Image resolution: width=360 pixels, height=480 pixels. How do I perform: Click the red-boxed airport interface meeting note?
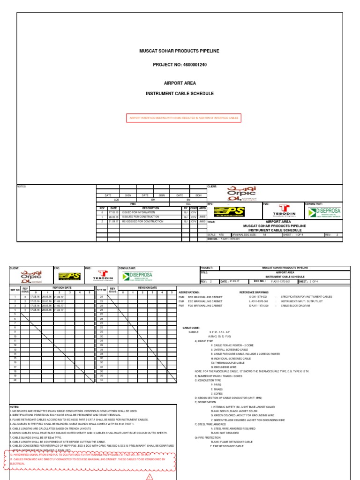(184, 118)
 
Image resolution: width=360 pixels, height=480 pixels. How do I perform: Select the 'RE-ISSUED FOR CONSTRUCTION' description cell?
(144, 221)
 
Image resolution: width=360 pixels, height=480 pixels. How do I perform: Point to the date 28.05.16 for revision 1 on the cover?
(113, 217)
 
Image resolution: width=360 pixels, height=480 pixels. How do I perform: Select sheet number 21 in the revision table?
(101, 297)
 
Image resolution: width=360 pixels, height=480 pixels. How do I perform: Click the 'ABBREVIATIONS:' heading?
(189, 292)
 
